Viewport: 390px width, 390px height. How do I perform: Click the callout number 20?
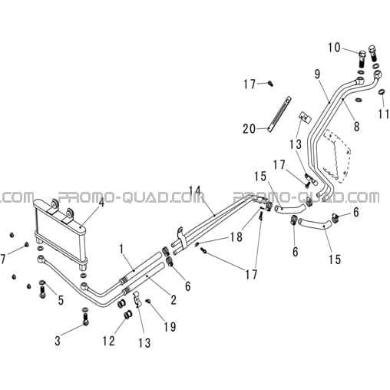[x=250, y=129]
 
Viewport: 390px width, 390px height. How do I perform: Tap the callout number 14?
[x=194, y=192]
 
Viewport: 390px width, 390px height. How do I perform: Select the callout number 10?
[x=335, y=48]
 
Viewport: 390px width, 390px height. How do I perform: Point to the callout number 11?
[x=384, y=114]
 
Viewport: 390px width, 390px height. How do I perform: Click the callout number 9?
[x=317, y=74]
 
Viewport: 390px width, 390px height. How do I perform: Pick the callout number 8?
[x=356, y=127]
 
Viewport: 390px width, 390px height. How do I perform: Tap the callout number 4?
[x=101, y=203]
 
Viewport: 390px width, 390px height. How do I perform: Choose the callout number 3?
[x=58, y=341]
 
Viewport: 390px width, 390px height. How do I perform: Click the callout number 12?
[x=109, y=341]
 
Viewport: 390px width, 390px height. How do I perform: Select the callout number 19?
[x=170, y=327]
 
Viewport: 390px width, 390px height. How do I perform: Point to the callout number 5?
[x=61, y=300]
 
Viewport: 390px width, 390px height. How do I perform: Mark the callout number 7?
[x=3, y=259]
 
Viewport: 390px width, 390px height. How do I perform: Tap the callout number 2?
[x=174, y=300]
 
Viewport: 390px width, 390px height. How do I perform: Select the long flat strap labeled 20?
[x=279, y=114]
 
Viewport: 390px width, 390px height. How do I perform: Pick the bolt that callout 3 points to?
[x=86, y=316]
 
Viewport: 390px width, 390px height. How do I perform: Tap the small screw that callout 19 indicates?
[x=147, y=302]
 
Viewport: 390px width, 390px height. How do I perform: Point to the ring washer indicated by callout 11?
[x=382, y=91]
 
